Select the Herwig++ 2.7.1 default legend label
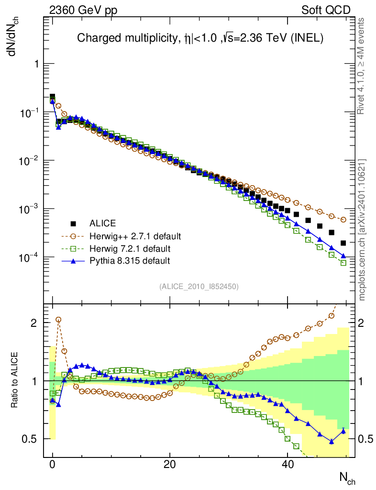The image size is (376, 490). (x=135, y=236)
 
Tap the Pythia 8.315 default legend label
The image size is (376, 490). (x=130, y=261)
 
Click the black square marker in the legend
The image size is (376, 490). (x=73, y=223)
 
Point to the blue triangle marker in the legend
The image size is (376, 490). (x=73, y=261)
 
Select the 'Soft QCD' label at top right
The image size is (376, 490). (x=326, y=11)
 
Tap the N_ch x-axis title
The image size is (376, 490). (x=347, y=478)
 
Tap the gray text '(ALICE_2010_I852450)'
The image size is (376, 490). (x=199, y=287)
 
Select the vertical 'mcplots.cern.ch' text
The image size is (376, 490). (x=362, y=230)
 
